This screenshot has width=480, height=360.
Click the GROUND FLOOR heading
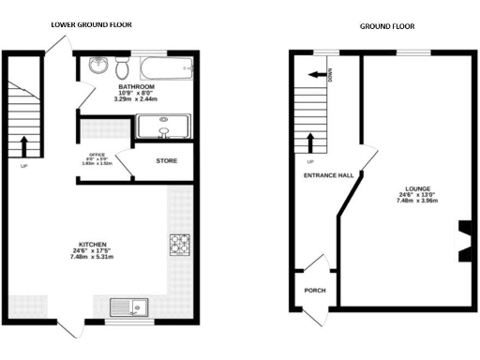pos(386,26)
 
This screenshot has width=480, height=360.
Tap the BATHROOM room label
pos(135,86)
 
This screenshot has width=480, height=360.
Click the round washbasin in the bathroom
pos(98,66)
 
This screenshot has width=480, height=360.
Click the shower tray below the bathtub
pos(165,126)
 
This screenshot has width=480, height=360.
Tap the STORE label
pos(166,161)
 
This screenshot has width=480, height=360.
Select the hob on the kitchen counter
pos(179,244)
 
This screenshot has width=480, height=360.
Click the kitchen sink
pos(127,306)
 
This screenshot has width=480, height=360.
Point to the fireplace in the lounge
pos(464,238)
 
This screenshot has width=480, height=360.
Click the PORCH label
pos(315,291)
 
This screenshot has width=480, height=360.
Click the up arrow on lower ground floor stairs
pos(23,145)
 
